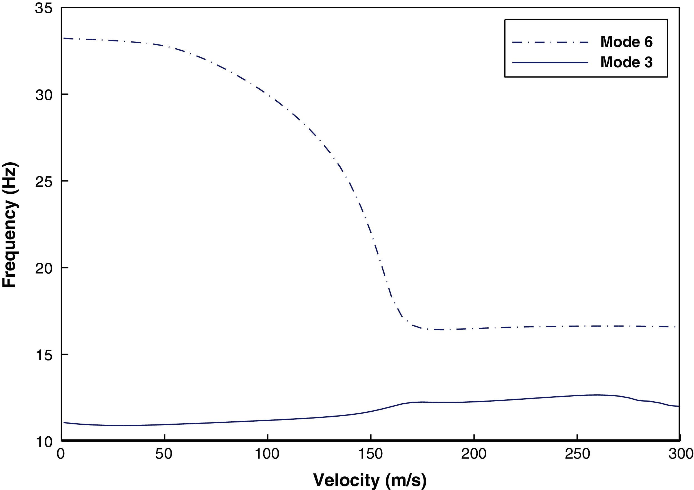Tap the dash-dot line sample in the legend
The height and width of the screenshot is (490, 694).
point(550,42)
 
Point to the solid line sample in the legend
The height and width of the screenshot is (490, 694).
point(550,63)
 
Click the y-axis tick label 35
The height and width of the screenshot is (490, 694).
point(44,8)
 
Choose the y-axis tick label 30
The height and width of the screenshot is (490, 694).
point(44,95)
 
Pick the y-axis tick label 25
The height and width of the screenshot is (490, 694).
point(44,182)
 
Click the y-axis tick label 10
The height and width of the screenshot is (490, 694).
point(44,442)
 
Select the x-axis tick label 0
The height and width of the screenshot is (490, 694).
point(61,454)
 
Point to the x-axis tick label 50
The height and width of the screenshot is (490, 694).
point(164,454)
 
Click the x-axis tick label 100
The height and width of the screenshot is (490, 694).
point(267,454)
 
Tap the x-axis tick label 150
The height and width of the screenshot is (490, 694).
point(371,454)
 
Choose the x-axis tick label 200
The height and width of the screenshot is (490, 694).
point(474,454)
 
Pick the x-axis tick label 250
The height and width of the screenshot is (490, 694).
point(577,454)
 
